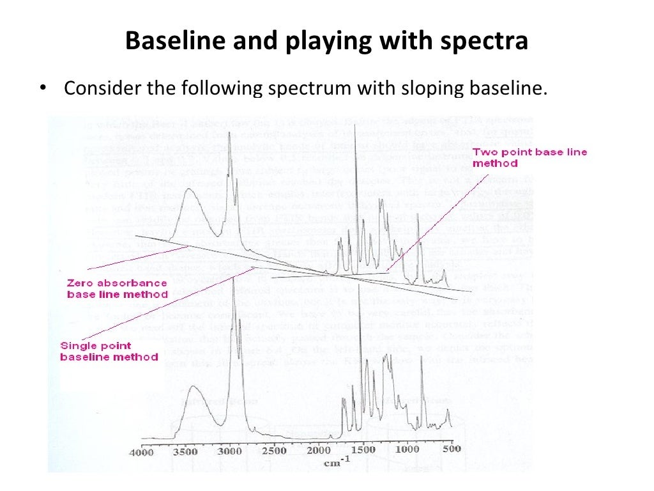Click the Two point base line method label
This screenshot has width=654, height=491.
point(529,157)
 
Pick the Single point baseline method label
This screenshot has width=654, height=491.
point(109,351)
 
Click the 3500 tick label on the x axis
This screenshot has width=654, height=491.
point(186,451)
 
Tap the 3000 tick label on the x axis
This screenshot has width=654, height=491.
point(231,451)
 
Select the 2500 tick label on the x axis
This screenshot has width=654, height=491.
point(275,451)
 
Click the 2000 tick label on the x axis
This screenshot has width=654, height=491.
point(319,450)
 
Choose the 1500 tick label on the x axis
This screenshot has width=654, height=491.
point(364,449)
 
